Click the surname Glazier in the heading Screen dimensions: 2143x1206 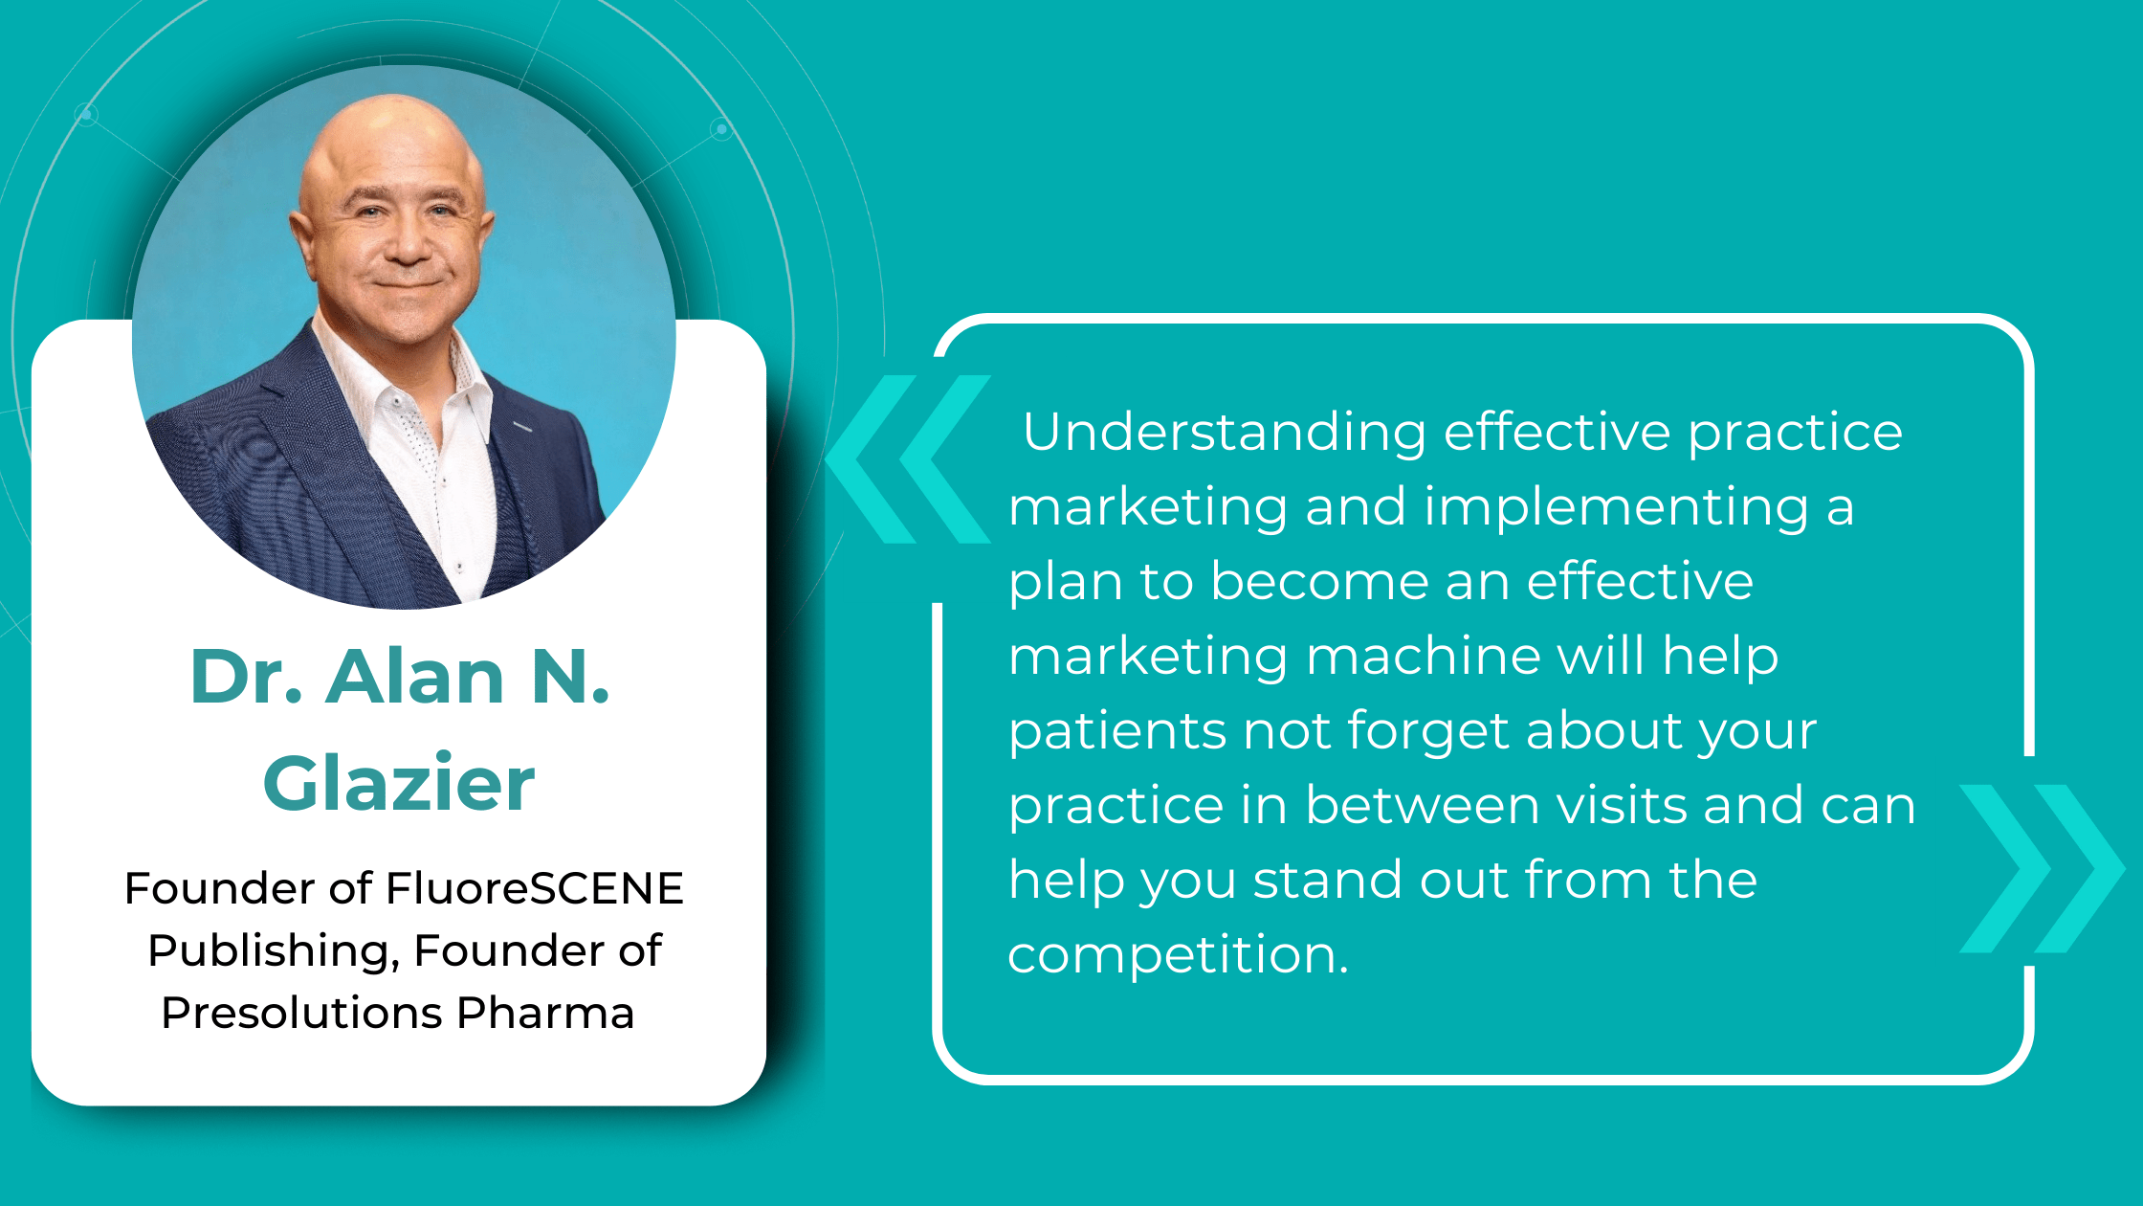click(399, 784)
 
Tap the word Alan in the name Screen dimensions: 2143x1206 click(414, 677)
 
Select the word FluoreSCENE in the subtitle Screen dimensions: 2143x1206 click(535, 888)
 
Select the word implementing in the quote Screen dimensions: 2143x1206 click(1617, 507)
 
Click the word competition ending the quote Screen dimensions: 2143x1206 click(1179, 955)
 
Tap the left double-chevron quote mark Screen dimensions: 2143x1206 click(908, 459)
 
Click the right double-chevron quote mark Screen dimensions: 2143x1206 click(2043, 869)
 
